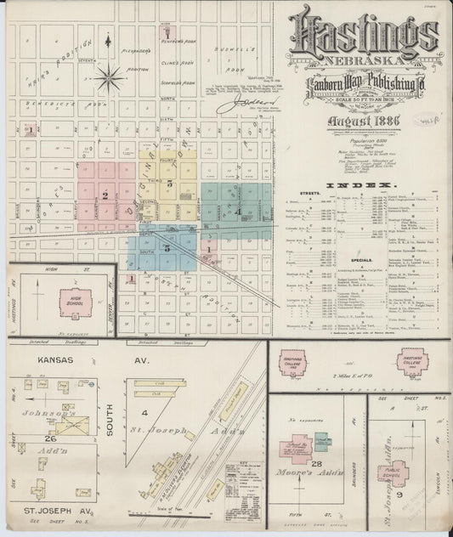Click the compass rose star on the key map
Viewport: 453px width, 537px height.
109,80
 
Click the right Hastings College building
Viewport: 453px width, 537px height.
414,361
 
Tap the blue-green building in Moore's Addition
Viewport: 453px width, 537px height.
323,442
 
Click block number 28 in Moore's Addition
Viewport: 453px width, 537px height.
318,462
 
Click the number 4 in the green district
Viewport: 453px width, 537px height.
239,211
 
